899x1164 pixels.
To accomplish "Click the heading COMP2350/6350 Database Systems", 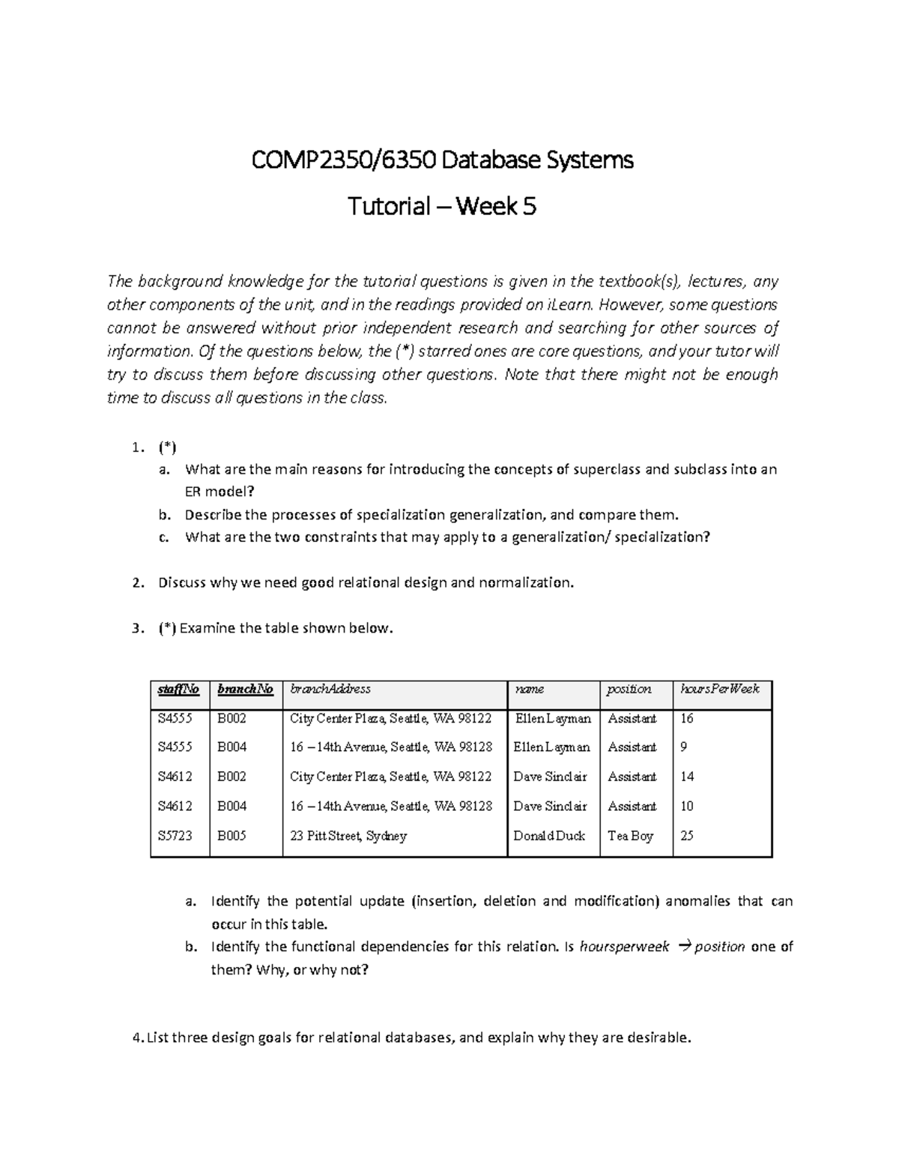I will click(442, 160).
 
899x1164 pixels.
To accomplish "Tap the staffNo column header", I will click(179, 689).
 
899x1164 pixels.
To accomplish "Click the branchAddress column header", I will click(330, 689).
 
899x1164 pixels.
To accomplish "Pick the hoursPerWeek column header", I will click(719, 689).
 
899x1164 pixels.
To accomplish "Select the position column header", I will click(629, 689).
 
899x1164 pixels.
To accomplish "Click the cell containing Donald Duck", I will click(549, 836).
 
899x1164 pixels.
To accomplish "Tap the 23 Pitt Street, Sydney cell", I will click(348, 836).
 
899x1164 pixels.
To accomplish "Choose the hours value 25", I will click(686, 836).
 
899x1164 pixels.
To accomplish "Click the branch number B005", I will click(231, 836).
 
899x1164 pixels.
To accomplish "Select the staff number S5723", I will click(175, 836).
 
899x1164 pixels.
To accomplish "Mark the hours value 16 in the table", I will click(686, 719).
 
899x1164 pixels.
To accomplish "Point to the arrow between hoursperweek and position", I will click(682, 947).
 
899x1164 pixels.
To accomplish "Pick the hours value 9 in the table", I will click(683, 747).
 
